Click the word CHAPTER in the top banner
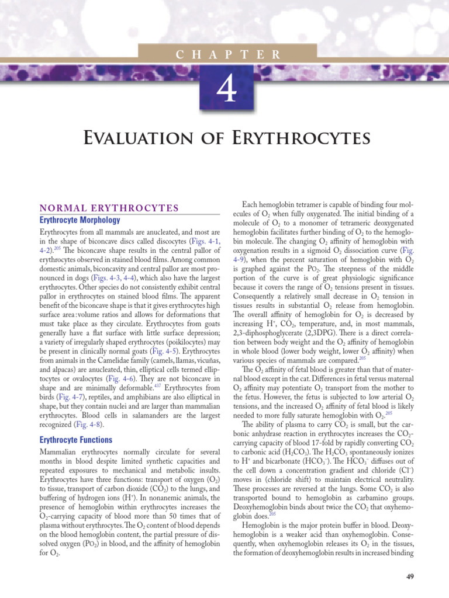point(228,54)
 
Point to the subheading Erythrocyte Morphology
point(80,220)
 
